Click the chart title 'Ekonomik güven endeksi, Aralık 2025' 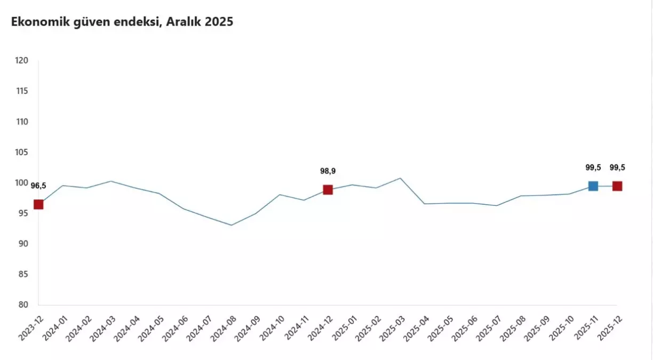(x=122, y=22)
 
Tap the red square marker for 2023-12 (x=38, y=204)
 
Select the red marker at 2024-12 (x=328, y=190)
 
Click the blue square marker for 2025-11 (x=593, y=186)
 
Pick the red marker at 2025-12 (x=617, y=186)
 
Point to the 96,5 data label (x=38, y=186)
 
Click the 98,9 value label (x=328, y=171)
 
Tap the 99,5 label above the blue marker (x=593, y=167)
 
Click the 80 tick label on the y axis (x=23, y=305)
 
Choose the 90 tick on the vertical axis (x=23, y=244)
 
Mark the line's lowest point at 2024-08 (x=231, y=225)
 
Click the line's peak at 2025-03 (x=400, y=178)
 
